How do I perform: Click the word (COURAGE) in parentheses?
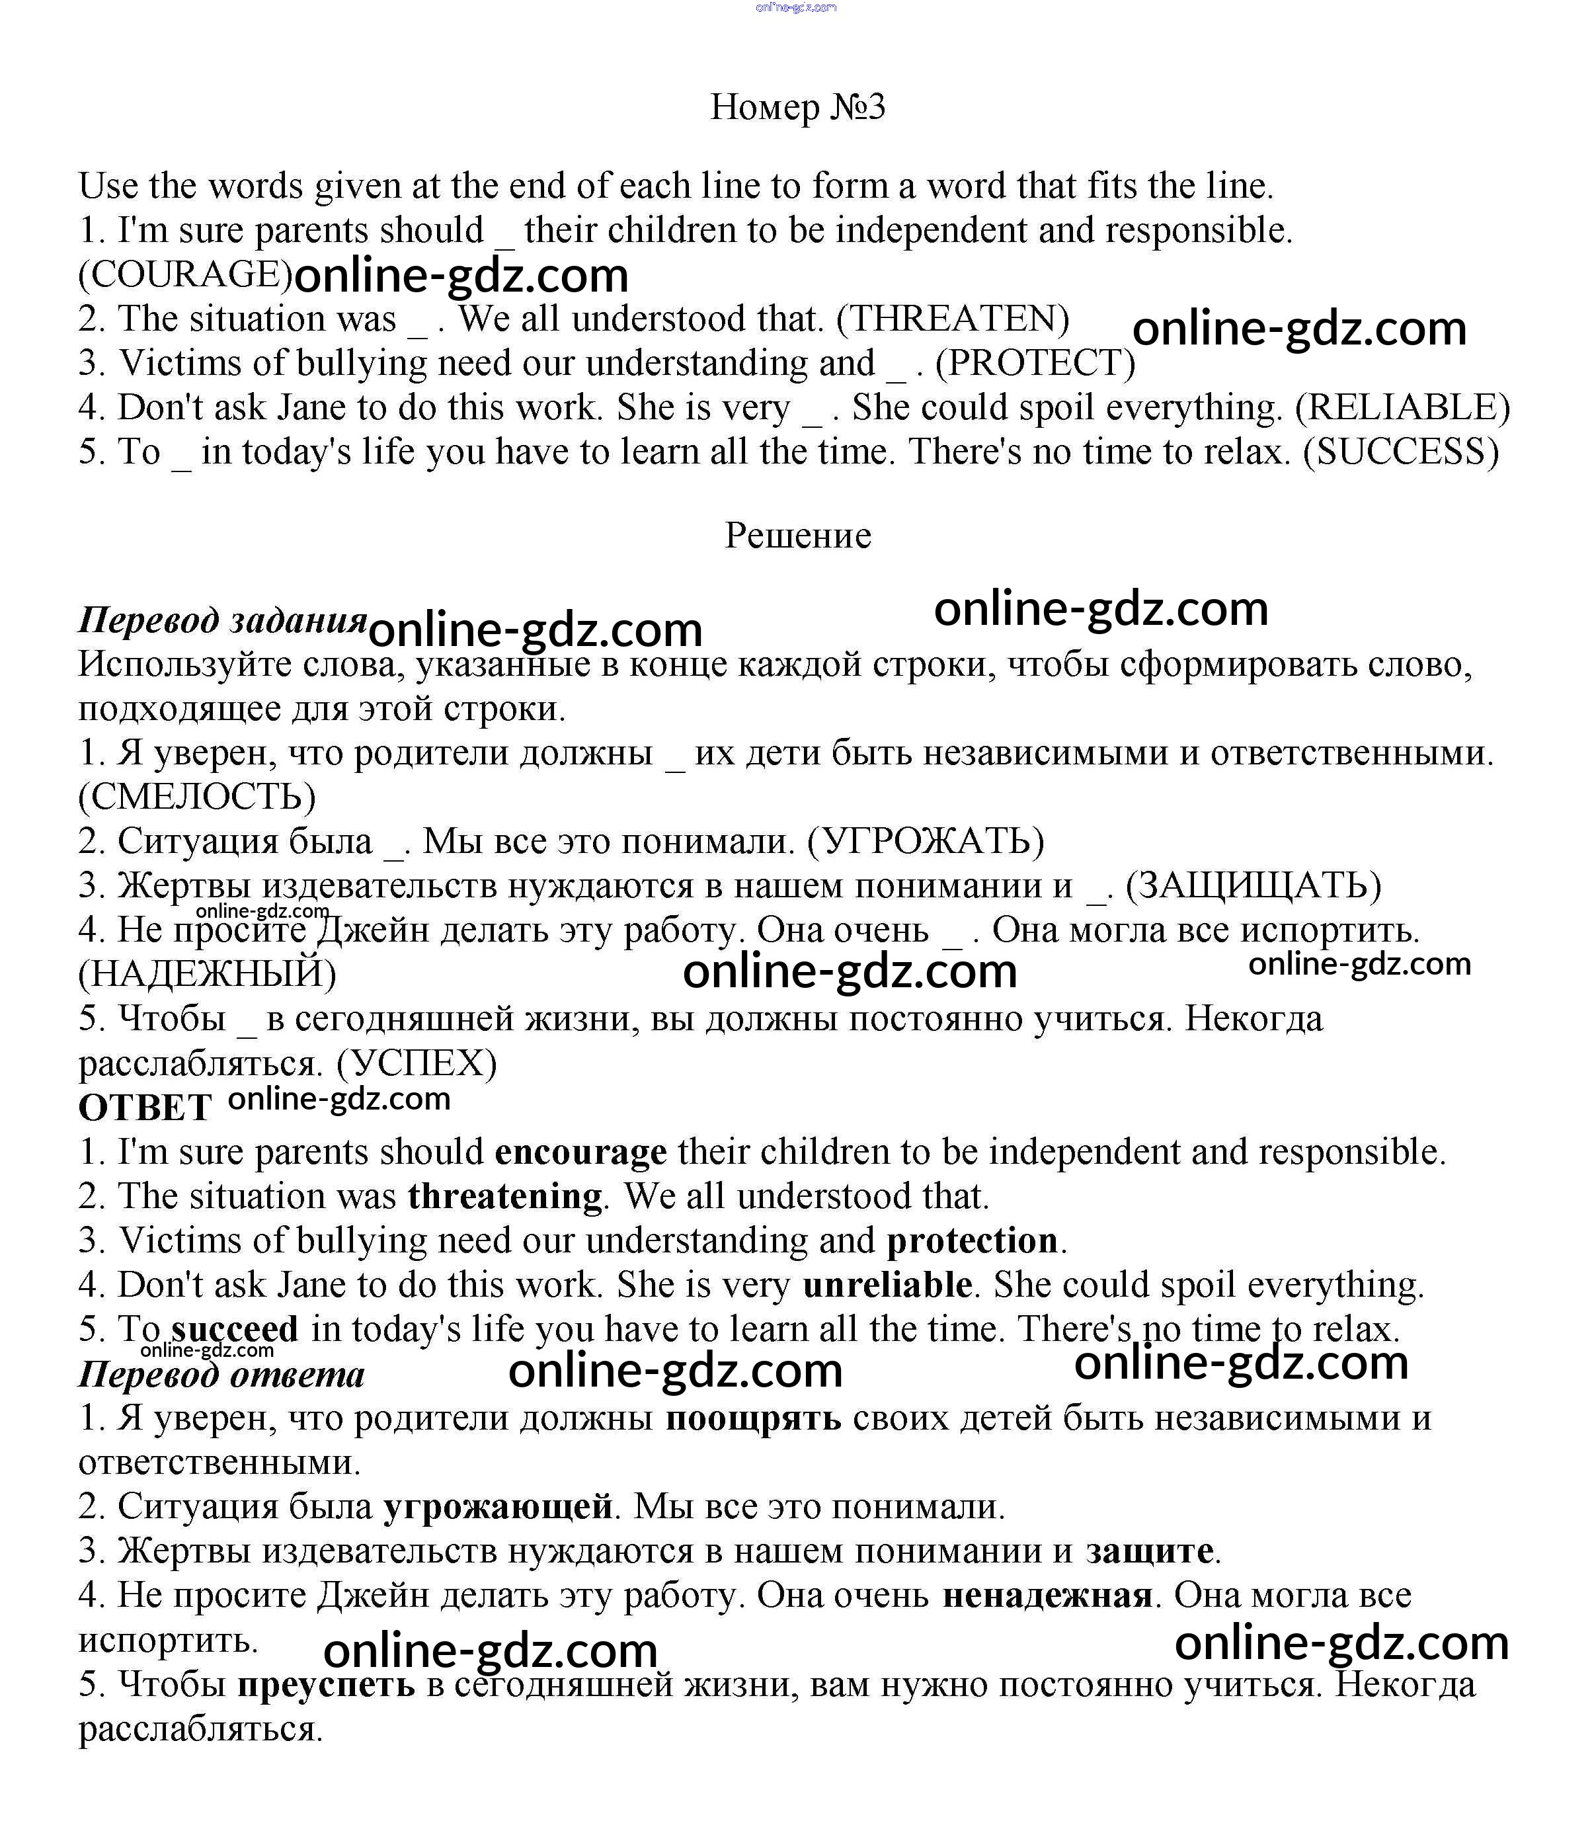point(185,274)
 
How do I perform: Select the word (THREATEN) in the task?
point(953,319)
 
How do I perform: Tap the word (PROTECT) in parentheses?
point(1035,364)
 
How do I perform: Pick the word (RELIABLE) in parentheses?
point(1403,408)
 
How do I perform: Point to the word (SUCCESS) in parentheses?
point(1401,452)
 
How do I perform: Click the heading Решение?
point(798,536)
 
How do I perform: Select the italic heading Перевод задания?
point(222,620)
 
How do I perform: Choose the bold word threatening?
point(504,1197)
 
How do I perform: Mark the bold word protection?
point(972,1241)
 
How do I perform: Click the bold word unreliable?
point(887,1285)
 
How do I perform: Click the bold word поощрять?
point(752,1419)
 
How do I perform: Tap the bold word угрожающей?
point(498,1507)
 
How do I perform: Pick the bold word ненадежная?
point(1047,1596)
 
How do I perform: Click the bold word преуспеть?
point(325,1685)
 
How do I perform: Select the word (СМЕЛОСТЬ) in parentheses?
point(197,797)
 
